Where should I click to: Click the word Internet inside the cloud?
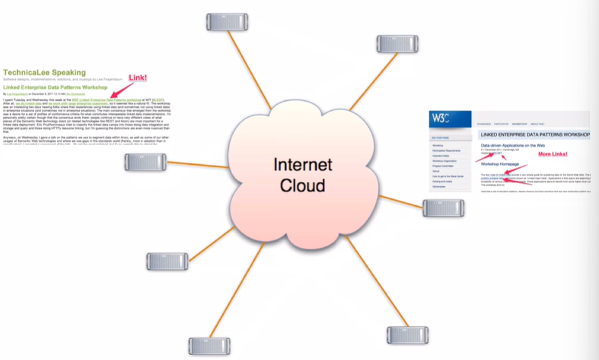point(302,165)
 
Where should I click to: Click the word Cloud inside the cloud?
point(302,186)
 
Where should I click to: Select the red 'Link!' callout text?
point(138,77)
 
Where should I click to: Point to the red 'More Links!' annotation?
point(552,154)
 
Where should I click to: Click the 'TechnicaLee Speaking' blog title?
point(44,73)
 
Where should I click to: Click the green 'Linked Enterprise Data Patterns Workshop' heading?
point(55,87)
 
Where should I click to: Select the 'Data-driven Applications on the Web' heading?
point(520,146)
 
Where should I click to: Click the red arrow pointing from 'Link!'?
point(120,88)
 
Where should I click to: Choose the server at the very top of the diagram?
point(227,22)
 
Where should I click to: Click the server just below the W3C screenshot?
point(444,207)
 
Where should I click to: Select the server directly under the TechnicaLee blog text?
point(145,162)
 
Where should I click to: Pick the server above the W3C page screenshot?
point(397,44)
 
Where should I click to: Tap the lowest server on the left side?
point(209,346)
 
